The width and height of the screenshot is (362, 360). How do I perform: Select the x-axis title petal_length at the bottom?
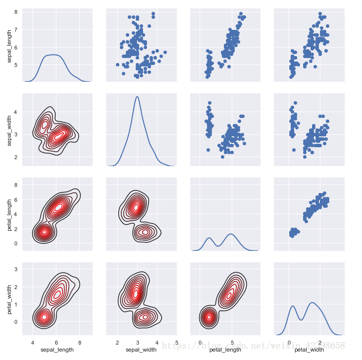(225, 350)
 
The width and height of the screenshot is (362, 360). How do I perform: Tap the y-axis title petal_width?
(10, 301)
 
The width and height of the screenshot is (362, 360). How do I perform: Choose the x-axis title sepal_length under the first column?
(57, 350)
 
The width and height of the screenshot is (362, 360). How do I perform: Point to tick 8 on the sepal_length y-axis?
(17, 11)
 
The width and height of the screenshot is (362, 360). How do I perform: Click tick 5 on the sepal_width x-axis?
(177, 342)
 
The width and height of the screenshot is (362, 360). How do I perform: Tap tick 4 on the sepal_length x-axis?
(33, 342)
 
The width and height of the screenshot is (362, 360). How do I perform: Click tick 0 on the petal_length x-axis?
(200, 342)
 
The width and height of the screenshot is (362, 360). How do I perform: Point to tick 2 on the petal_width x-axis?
(320, 342)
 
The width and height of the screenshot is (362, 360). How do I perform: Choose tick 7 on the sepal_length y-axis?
(17, 29)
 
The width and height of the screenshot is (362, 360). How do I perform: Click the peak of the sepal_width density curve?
(137, 97)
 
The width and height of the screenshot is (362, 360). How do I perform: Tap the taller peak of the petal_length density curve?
(230, 234)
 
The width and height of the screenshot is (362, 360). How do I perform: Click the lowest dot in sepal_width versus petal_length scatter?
(222, 157)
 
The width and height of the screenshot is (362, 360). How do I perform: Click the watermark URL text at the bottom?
(254, 344)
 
